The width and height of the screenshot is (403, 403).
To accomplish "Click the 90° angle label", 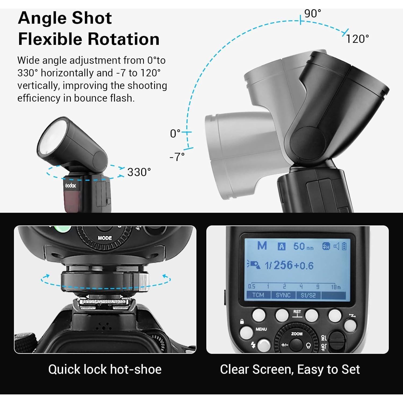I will coord(312,13).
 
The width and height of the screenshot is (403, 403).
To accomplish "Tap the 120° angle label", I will coord(357,39).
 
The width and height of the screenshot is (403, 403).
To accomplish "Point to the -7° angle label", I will coord(177,157).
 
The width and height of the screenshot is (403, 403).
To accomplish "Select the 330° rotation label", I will coord(139,172).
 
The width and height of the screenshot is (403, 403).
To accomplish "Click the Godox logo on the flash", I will coord(71,185).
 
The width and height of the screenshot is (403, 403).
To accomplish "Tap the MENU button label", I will coord(261,329).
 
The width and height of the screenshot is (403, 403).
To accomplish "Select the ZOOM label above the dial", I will coord(297,334).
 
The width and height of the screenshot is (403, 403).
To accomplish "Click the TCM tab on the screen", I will coord(258,295).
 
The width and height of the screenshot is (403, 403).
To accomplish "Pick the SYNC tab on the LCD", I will coord(283,295).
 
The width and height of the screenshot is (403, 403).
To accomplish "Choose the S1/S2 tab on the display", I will coord(308,295).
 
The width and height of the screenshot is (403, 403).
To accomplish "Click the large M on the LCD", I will coord(262,246).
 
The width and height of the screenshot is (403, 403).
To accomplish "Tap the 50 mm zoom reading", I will coord(303,247).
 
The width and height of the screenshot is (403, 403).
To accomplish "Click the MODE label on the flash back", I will coord(105,238).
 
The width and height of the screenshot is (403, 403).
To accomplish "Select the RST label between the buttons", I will coord(297,312).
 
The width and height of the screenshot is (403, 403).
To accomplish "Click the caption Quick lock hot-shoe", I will coord(105,369).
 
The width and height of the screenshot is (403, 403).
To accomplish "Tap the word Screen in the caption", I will coord(273,369).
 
